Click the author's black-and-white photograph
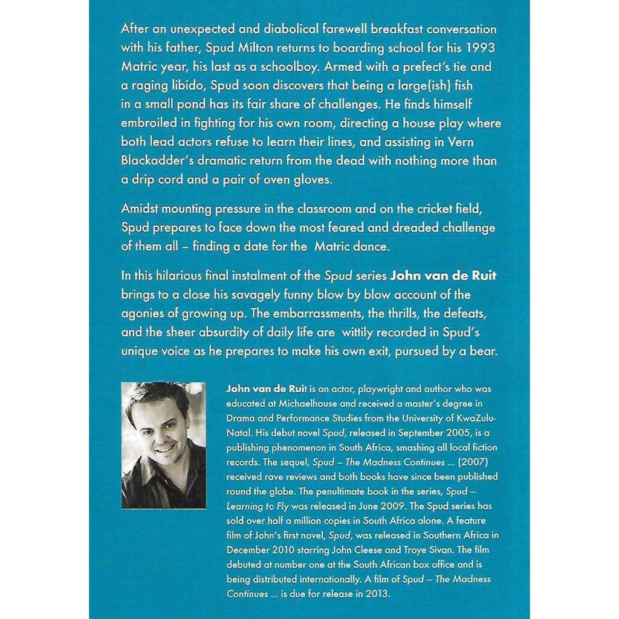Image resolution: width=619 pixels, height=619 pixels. click(x=163, y=445)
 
